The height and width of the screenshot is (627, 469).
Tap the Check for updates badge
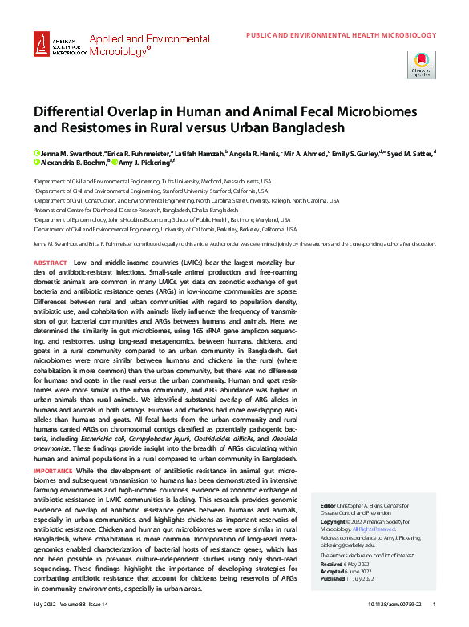(x=421, y=64)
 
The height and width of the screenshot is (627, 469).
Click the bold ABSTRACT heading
(x=50, y=263)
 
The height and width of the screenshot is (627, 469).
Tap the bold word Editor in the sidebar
(x=328, y=507)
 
